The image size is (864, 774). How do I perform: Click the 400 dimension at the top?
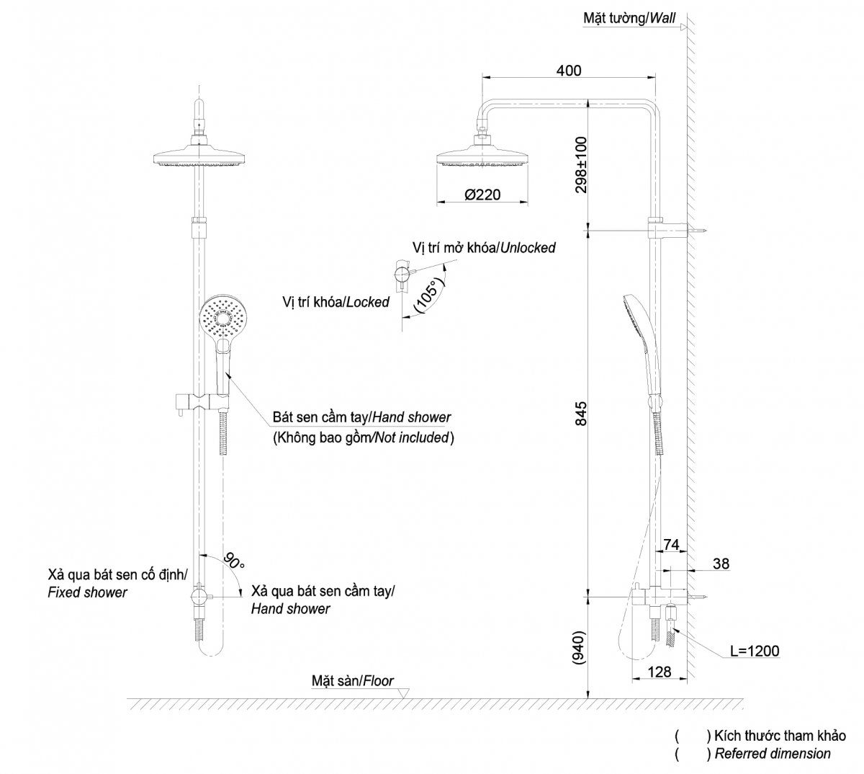click(568, 71)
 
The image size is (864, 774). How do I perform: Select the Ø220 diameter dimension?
click(482, 195)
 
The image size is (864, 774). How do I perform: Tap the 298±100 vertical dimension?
click(581, 165)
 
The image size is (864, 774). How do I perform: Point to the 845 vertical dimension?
click(581, 413)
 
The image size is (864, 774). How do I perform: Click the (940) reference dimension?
click(580, 648)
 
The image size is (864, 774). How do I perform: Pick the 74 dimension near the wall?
click(671, 545)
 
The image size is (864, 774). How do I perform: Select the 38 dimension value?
click(721, 564)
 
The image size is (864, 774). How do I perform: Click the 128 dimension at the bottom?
click(660, 672)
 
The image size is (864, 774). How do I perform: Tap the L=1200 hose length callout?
click(755, 651)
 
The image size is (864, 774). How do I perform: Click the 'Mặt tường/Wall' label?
click(629, 18)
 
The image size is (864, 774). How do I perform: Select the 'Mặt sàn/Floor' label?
click(352, 680)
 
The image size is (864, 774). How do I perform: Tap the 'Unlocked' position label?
click(528, 248)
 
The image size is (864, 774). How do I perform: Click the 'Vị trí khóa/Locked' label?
click(336, 302)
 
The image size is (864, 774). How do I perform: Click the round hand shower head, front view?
click(222, 318)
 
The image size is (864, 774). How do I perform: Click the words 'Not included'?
click(411, 437)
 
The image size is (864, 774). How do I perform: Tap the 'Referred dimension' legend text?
click(773, 754)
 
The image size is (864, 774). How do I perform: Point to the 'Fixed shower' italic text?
click(87, 592)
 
